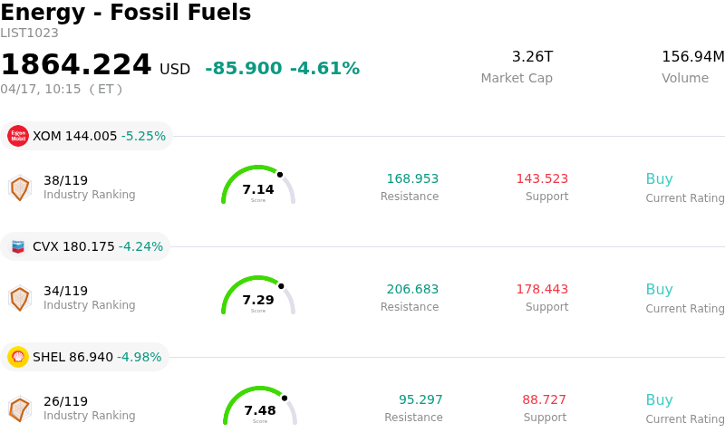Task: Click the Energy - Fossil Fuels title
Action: pyautogui.click(x=125, y=13)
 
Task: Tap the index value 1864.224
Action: pyautogui.click(x=76, y=65)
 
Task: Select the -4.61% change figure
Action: pyautogui.click(x=324, y=69)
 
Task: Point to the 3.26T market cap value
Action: pyautogui.click(x=532, y=57)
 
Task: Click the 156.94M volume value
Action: pyautogui.click(x=692, y=57)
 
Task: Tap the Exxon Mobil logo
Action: pyautogui.click(x=18, y=136)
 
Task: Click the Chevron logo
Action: pyautogui.click(x=18, y=246)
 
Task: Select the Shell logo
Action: pyautogui.click(x=18, y=357)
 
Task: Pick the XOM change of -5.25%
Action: pyautogui.click(x=143, y=137)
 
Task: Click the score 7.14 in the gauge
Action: pyautogui.click(x=258, y=189)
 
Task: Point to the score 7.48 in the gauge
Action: pyautogui.click(x=260, y=410)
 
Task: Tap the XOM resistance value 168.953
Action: pyautogui.click(x=412, y=179)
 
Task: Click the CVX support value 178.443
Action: pyautogui.click(x=542, y=290)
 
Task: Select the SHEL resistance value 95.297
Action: pyautogui.click(x=420, y=400)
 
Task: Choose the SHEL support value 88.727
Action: pyautogui.click(x=544, y=400)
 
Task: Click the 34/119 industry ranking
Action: pyautogui.click(x=65, y=291)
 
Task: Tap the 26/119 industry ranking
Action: pyautogui.click(x=65, y=401)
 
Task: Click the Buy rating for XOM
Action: pyautogui.click(x=659, y=179)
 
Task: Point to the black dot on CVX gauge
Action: pyautogui.click(x=281, y=286)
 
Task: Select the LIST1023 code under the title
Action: pyautogui.click(x=29, y=34)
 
